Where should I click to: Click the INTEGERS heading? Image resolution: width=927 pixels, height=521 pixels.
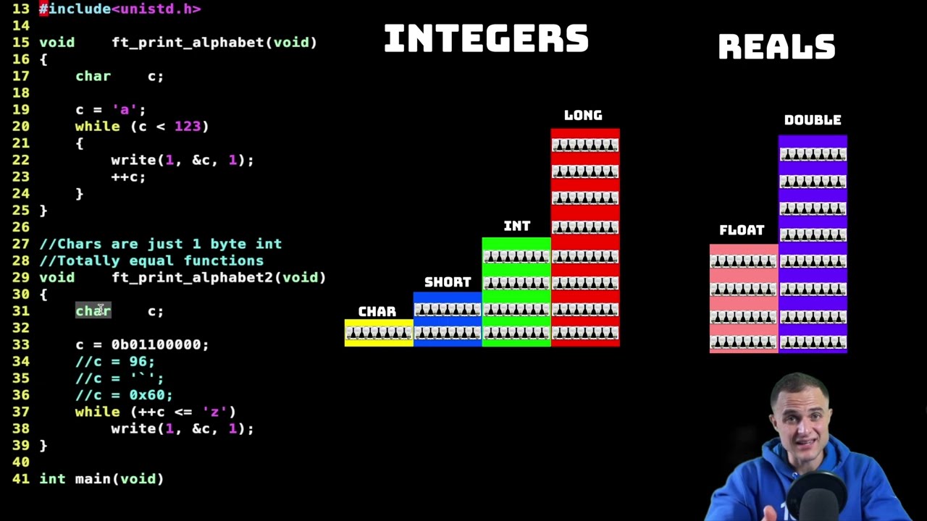click(x=486, y=38)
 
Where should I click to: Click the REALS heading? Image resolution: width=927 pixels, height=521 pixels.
click(x=777, y=47)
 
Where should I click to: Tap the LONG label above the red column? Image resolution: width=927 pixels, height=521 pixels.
click(x=583, y=115)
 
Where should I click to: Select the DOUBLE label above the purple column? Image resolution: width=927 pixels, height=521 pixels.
click(x=813, y=120)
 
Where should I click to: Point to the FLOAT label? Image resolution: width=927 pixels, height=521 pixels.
click(x=742, y=230)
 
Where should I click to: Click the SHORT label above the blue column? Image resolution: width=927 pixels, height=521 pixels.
click(x=448, y=282)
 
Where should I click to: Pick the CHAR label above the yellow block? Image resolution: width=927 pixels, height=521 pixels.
click(x=377, y=312)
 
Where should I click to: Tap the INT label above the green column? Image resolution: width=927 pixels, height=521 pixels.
click(x=517, y=226)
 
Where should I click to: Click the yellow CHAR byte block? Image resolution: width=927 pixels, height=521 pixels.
click(x=379, y=333)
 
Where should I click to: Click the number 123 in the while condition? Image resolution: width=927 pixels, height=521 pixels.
click(x=188, y=126)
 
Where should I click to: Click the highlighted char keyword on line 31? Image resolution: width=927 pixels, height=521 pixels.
click(x=93, y=310)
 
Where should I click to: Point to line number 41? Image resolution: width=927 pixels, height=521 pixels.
click(x=21, y=479)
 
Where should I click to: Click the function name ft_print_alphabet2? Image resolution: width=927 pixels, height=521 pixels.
click(x=193, y=278)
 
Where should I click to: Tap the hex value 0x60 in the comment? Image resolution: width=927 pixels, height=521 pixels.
click(x=147, y=395)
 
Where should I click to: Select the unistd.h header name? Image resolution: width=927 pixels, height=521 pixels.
click(x=156, y=9)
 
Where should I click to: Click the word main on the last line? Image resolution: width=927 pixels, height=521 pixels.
click(x=93, y=479)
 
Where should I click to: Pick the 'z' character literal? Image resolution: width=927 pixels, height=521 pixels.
click(x=215, y=412)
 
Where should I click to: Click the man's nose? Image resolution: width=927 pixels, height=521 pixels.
click(x=801, y=426)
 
